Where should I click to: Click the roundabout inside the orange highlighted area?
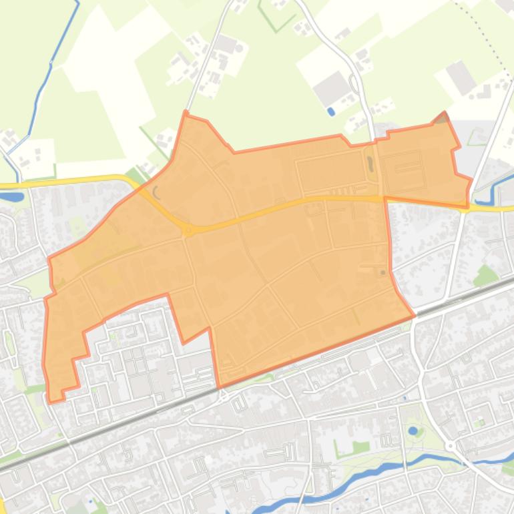pos(189,231)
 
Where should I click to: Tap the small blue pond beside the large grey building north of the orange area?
pos(332,111)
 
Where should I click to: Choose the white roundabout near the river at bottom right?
pos(451,445)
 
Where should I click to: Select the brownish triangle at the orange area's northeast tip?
pos(441,119)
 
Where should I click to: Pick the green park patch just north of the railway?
pos(486,274)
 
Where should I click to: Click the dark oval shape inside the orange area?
pos(369,162)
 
